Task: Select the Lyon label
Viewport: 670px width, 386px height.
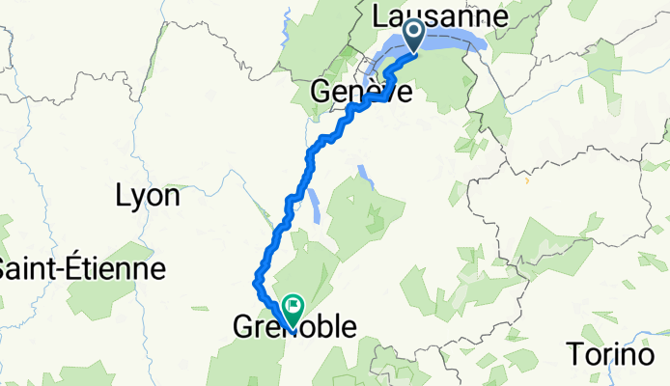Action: (x=147, y=196)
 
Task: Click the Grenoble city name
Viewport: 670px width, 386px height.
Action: (x=293, y=328)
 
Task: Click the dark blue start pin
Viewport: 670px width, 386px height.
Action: (x=414, y=36)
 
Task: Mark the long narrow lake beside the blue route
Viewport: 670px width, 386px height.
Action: (x=314, y=204)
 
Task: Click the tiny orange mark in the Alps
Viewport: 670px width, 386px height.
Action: (x=526, y=180)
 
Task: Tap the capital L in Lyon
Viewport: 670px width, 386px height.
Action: (x=122, y=196)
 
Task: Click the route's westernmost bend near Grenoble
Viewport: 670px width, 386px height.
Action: (x=256, y=281)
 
